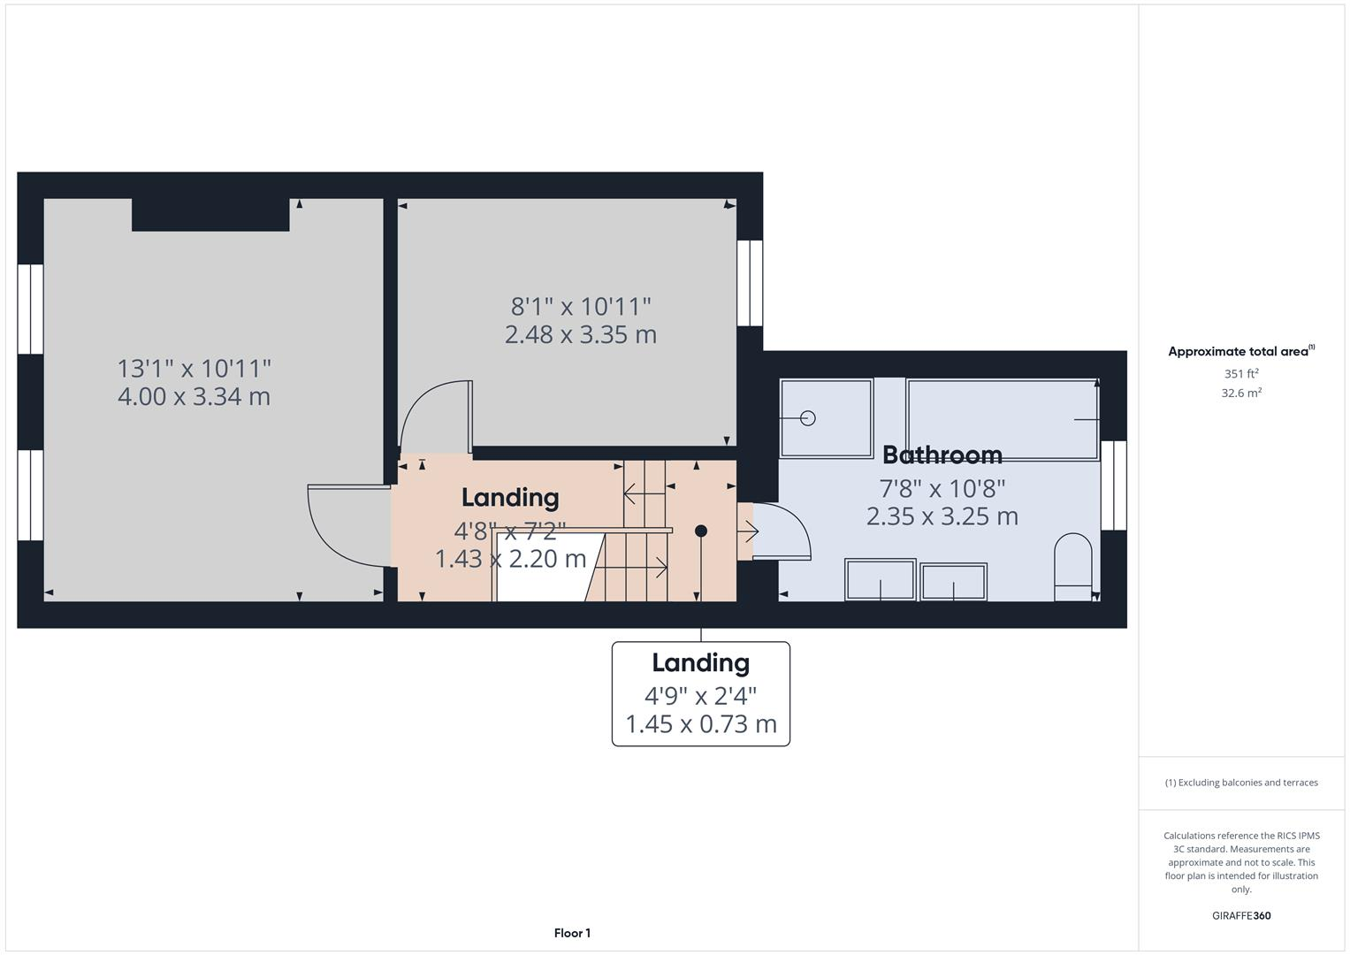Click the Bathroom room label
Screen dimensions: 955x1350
(942, 455)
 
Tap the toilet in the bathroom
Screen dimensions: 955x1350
(1074, 565)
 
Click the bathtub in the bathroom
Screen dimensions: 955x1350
(1002, 418)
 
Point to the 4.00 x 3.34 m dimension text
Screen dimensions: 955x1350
(194, 396)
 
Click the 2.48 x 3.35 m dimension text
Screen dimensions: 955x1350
(580, 335)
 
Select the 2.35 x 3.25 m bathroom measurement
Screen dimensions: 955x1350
(942, 516)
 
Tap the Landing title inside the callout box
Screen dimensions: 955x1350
(700, 662)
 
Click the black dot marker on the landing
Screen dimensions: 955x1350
(701, 531)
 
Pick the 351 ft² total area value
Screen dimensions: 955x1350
(1240, 373)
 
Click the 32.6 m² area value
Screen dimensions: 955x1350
(1240, 393)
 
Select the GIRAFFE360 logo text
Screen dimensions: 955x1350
(1240, 915)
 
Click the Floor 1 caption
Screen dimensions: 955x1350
(572, 933)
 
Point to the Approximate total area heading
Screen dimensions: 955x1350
(1240, 351)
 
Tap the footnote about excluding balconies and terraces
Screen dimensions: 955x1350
(1240, 783)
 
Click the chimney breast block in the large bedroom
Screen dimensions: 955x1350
(210, 215)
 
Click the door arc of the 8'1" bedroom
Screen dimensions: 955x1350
(434, 416)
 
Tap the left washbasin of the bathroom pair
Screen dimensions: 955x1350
(880, 580)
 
